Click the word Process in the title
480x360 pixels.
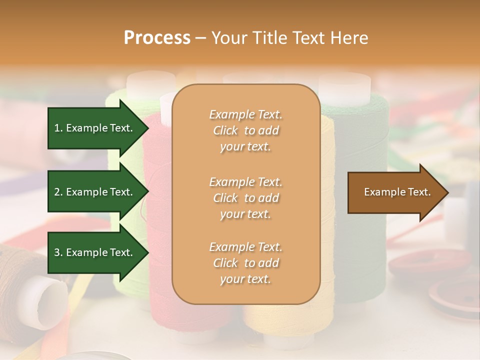click(157, 37)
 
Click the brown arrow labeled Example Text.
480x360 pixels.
click(395, 192)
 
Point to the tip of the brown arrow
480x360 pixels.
click(447, 192)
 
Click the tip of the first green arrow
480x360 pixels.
click(148, 128)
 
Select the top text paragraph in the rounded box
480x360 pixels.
click(245, 130)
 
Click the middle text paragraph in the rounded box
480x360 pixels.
click(245, 198)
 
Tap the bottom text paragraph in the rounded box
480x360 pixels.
click(245, 263)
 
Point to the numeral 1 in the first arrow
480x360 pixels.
click(56, 128)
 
